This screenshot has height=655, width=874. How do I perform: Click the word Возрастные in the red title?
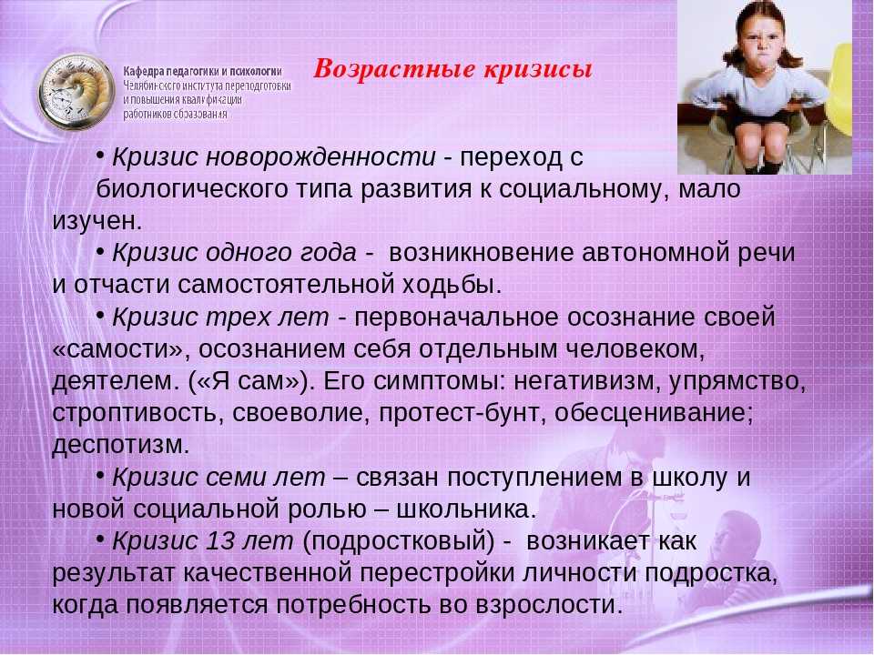(x=394, y=69)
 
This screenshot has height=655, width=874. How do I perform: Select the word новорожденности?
(x=320, y=157)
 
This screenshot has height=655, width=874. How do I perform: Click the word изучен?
(x=97, y=221)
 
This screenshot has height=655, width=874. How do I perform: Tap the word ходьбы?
(x=452, y=285)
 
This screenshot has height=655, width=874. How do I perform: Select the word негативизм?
(x=587, y=381)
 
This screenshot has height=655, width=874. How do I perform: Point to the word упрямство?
(x=737, y=381)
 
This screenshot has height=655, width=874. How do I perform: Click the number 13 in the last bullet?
(x=219, y=540)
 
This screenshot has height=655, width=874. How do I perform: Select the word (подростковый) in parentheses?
(x=399, y=541)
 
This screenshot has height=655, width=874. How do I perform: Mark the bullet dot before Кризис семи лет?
(x=100, y=475)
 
